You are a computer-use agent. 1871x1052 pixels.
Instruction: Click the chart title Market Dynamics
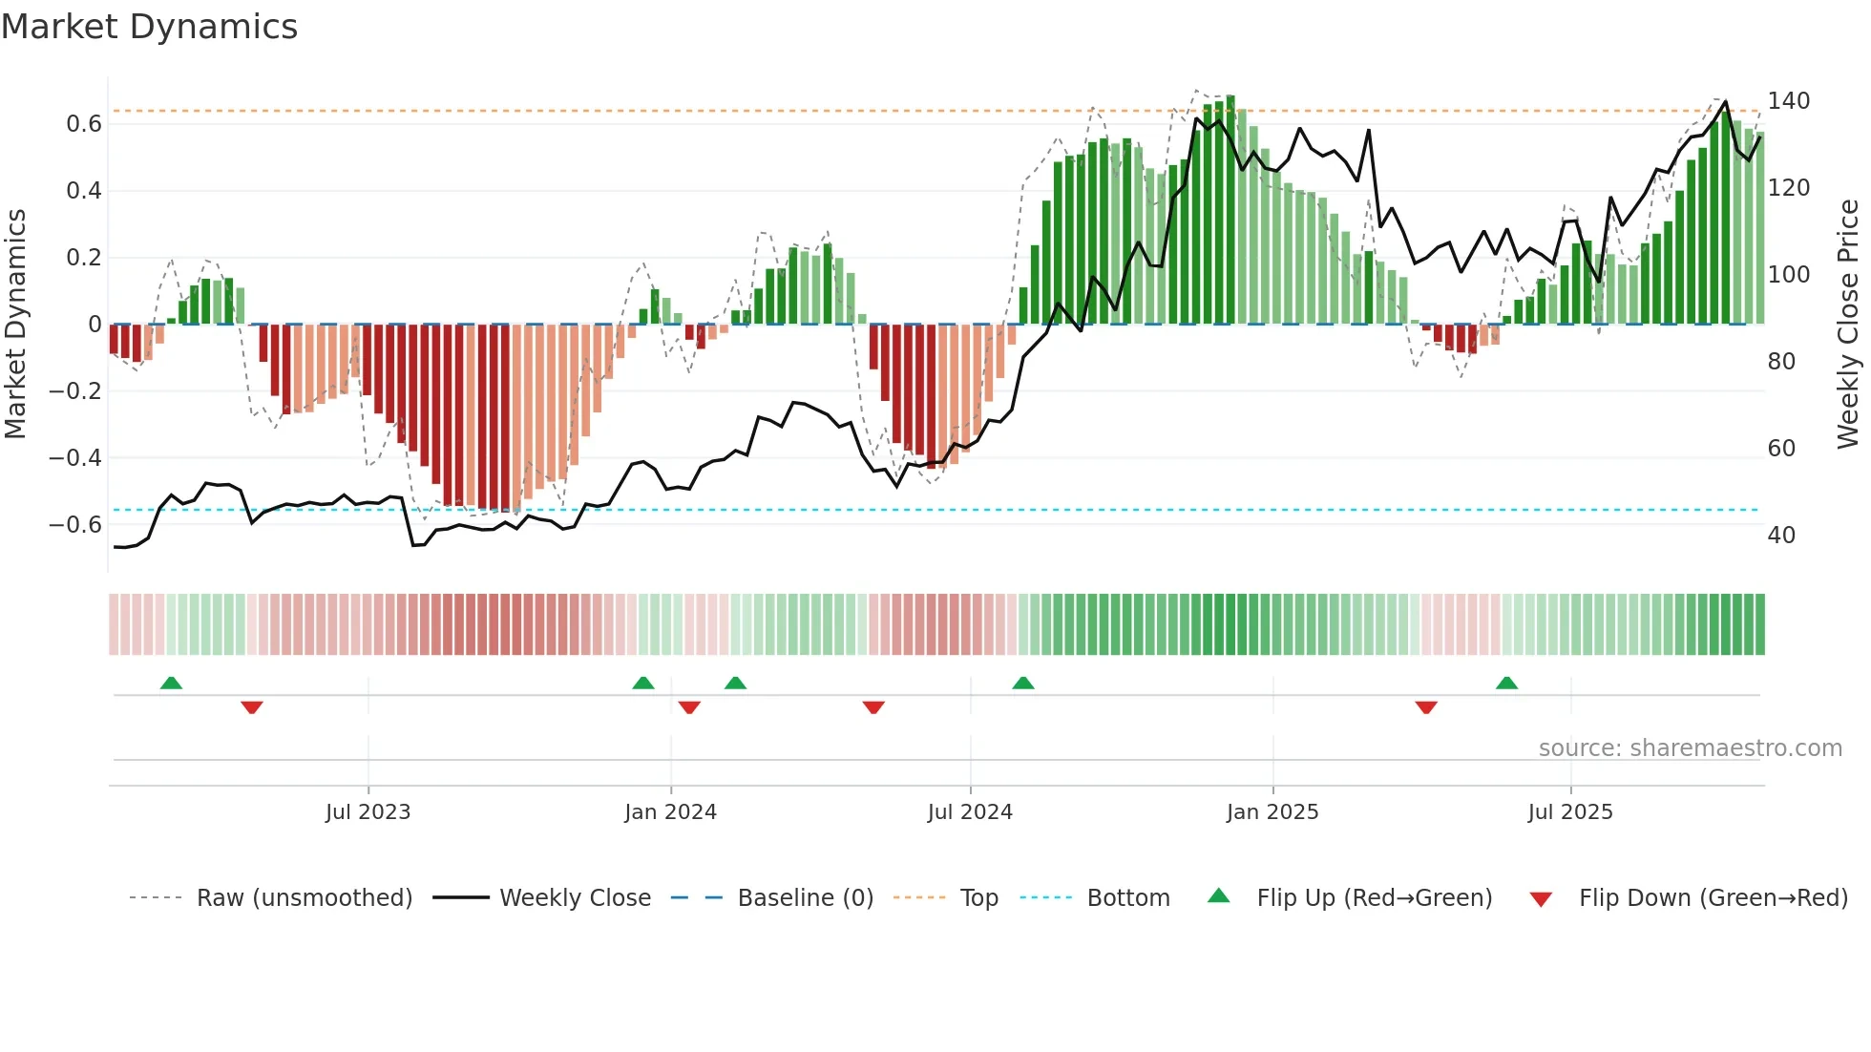[x=149, y=27]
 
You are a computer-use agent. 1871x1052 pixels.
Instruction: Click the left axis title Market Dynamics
[x=15, y=324]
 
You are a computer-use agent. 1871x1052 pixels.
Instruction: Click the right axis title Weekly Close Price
[x=1848, y=324]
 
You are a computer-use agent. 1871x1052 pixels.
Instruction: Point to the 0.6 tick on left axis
[x=84, y=124]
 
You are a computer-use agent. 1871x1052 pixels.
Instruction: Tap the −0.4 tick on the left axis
[x=75, y=458]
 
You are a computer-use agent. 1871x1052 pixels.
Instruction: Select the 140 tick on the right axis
[x=1788, y=101]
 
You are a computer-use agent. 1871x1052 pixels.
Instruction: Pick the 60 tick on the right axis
[x=1781, y=449]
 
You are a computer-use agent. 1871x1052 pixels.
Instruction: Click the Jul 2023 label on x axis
[x=368, y=812]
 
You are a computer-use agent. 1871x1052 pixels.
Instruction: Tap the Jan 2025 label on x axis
[x=1272, y=812]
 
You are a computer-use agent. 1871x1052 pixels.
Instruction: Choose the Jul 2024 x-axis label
[x=969, y=812]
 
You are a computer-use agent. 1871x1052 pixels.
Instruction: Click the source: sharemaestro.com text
[x=1690, y=748]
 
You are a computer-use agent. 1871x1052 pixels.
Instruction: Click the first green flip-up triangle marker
[x=171, y=684]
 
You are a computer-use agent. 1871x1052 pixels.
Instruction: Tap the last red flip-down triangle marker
[x=1426, y=707]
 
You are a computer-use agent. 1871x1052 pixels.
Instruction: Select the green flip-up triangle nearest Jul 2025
[x=1506, y=684]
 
